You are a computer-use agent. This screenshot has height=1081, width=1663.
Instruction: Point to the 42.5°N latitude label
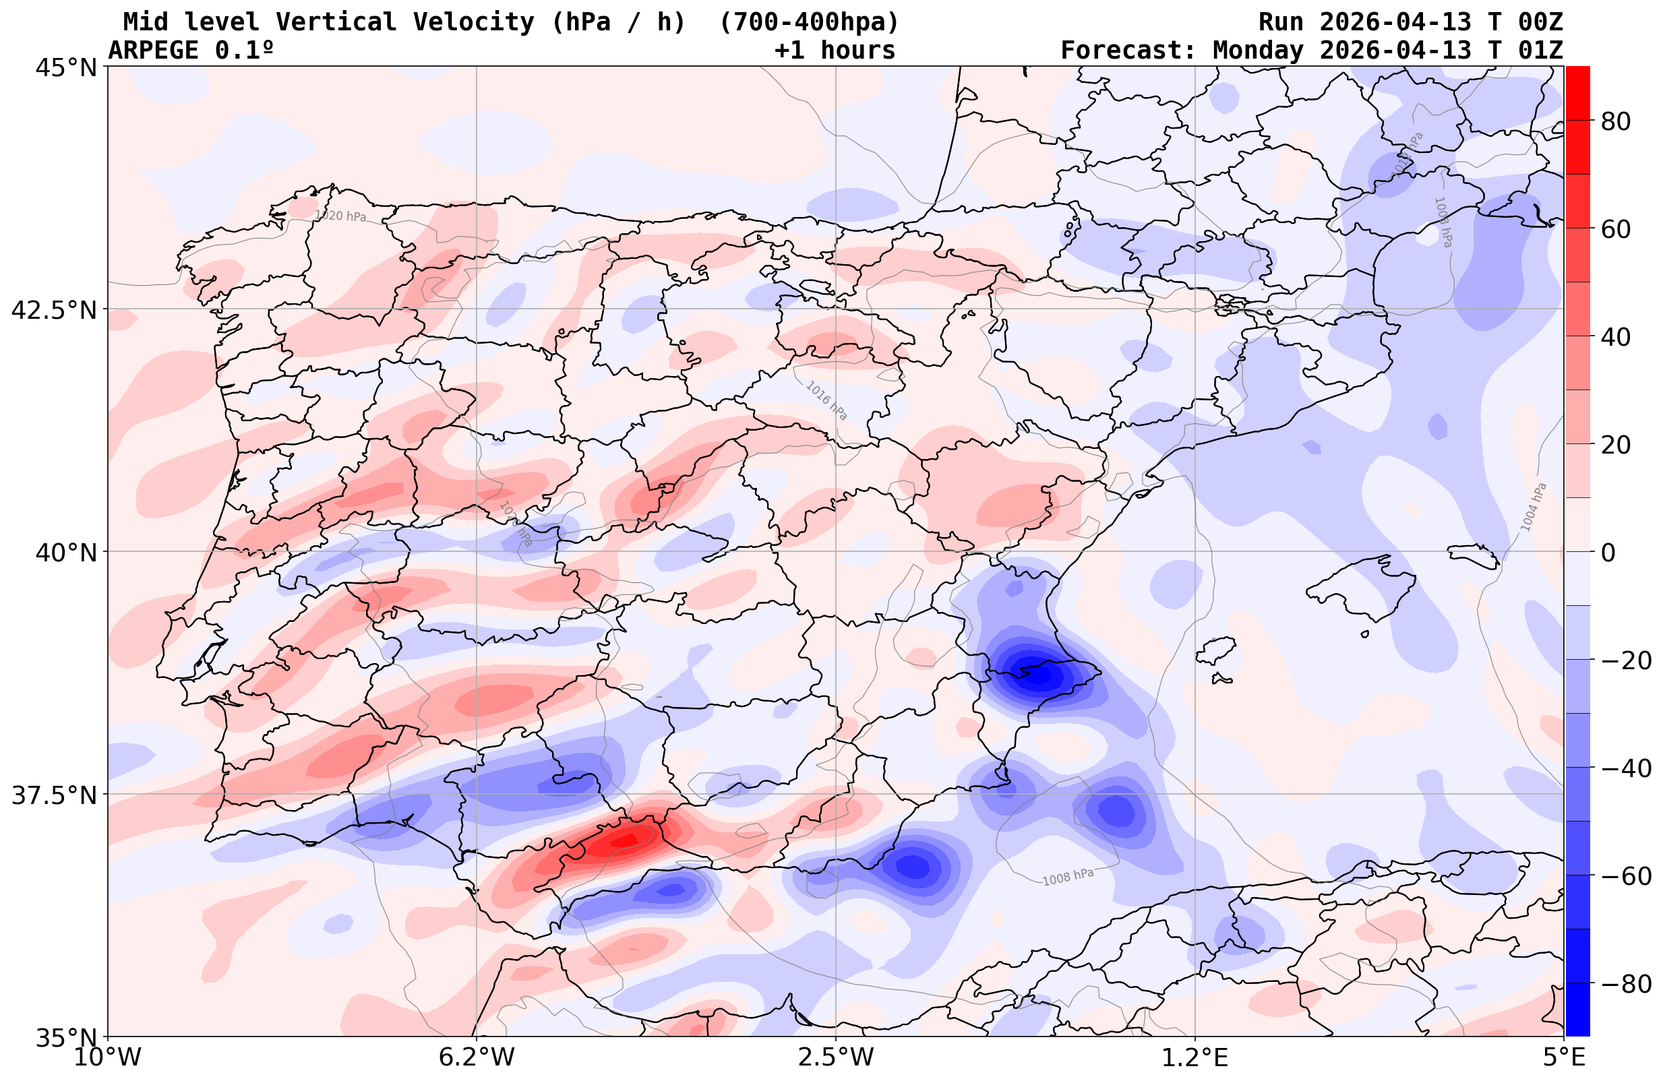click(x=55, y=309)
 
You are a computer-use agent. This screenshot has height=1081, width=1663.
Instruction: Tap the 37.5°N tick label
click(x=55, y=795)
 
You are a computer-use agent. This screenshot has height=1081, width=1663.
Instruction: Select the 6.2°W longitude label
click(x=477, y=1057)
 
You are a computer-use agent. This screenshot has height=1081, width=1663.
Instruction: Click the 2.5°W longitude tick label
click(x=836, y=1057)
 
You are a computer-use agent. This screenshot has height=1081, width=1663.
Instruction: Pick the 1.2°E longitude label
click(x=1195, y=1057)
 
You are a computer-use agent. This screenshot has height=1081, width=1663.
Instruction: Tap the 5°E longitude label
click(x=1563, y=1057)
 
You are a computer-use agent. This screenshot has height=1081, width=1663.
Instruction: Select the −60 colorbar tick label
click(x=1625, y=875)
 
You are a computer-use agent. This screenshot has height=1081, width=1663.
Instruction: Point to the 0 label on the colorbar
click(x=1608, y=553)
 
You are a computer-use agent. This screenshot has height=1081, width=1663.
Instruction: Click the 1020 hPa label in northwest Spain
click(x=340, y=216)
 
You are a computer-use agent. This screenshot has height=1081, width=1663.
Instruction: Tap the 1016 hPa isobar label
click(x=826, y=400)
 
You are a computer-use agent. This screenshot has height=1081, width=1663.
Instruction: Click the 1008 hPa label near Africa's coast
click(x=1068, y=877)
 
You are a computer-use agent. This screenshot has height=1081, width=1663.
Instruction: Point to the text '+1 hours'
click(x=835, y=51)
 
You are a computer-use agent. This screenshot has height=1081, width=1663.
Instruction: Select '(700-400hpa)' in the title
click(x=808, y=22)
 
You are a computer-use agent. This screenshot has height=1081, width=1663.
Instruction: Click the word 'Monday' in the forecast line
click(x=1258, y=51)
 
